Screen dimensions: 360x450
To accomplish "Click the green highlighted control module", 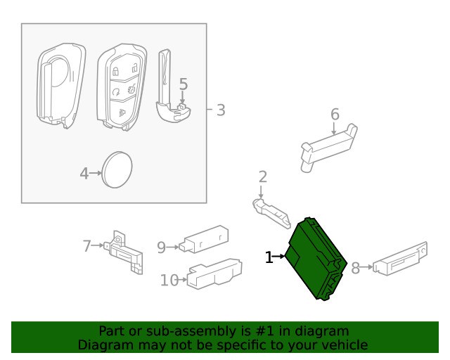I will click(316, 259).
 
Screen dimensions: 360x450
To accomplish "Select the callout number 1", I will click(269, 258).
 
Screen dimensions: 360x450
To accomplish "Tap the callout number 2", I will click(262, 176).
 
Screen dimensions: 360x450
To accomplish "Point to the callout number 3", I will click(220, 110).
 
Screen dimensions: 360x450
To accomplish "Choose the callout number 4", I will click(84, 172).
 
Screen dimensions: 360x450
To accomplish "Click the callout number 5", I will click(183, 85).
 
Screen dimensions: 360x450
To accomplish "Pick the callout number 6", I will click(335, 114).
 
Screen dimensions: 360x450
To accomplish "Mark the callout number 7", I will click(87, 246).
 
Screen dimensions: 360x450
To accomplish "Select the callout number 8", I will click(356, 267).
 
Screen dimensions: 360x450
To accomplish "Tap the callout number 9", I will click(161, 247).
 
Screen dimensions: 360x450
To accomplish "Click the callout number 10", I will click(169, 281).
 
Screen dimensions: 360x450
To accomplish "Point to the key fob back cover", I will click(60, 84).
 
